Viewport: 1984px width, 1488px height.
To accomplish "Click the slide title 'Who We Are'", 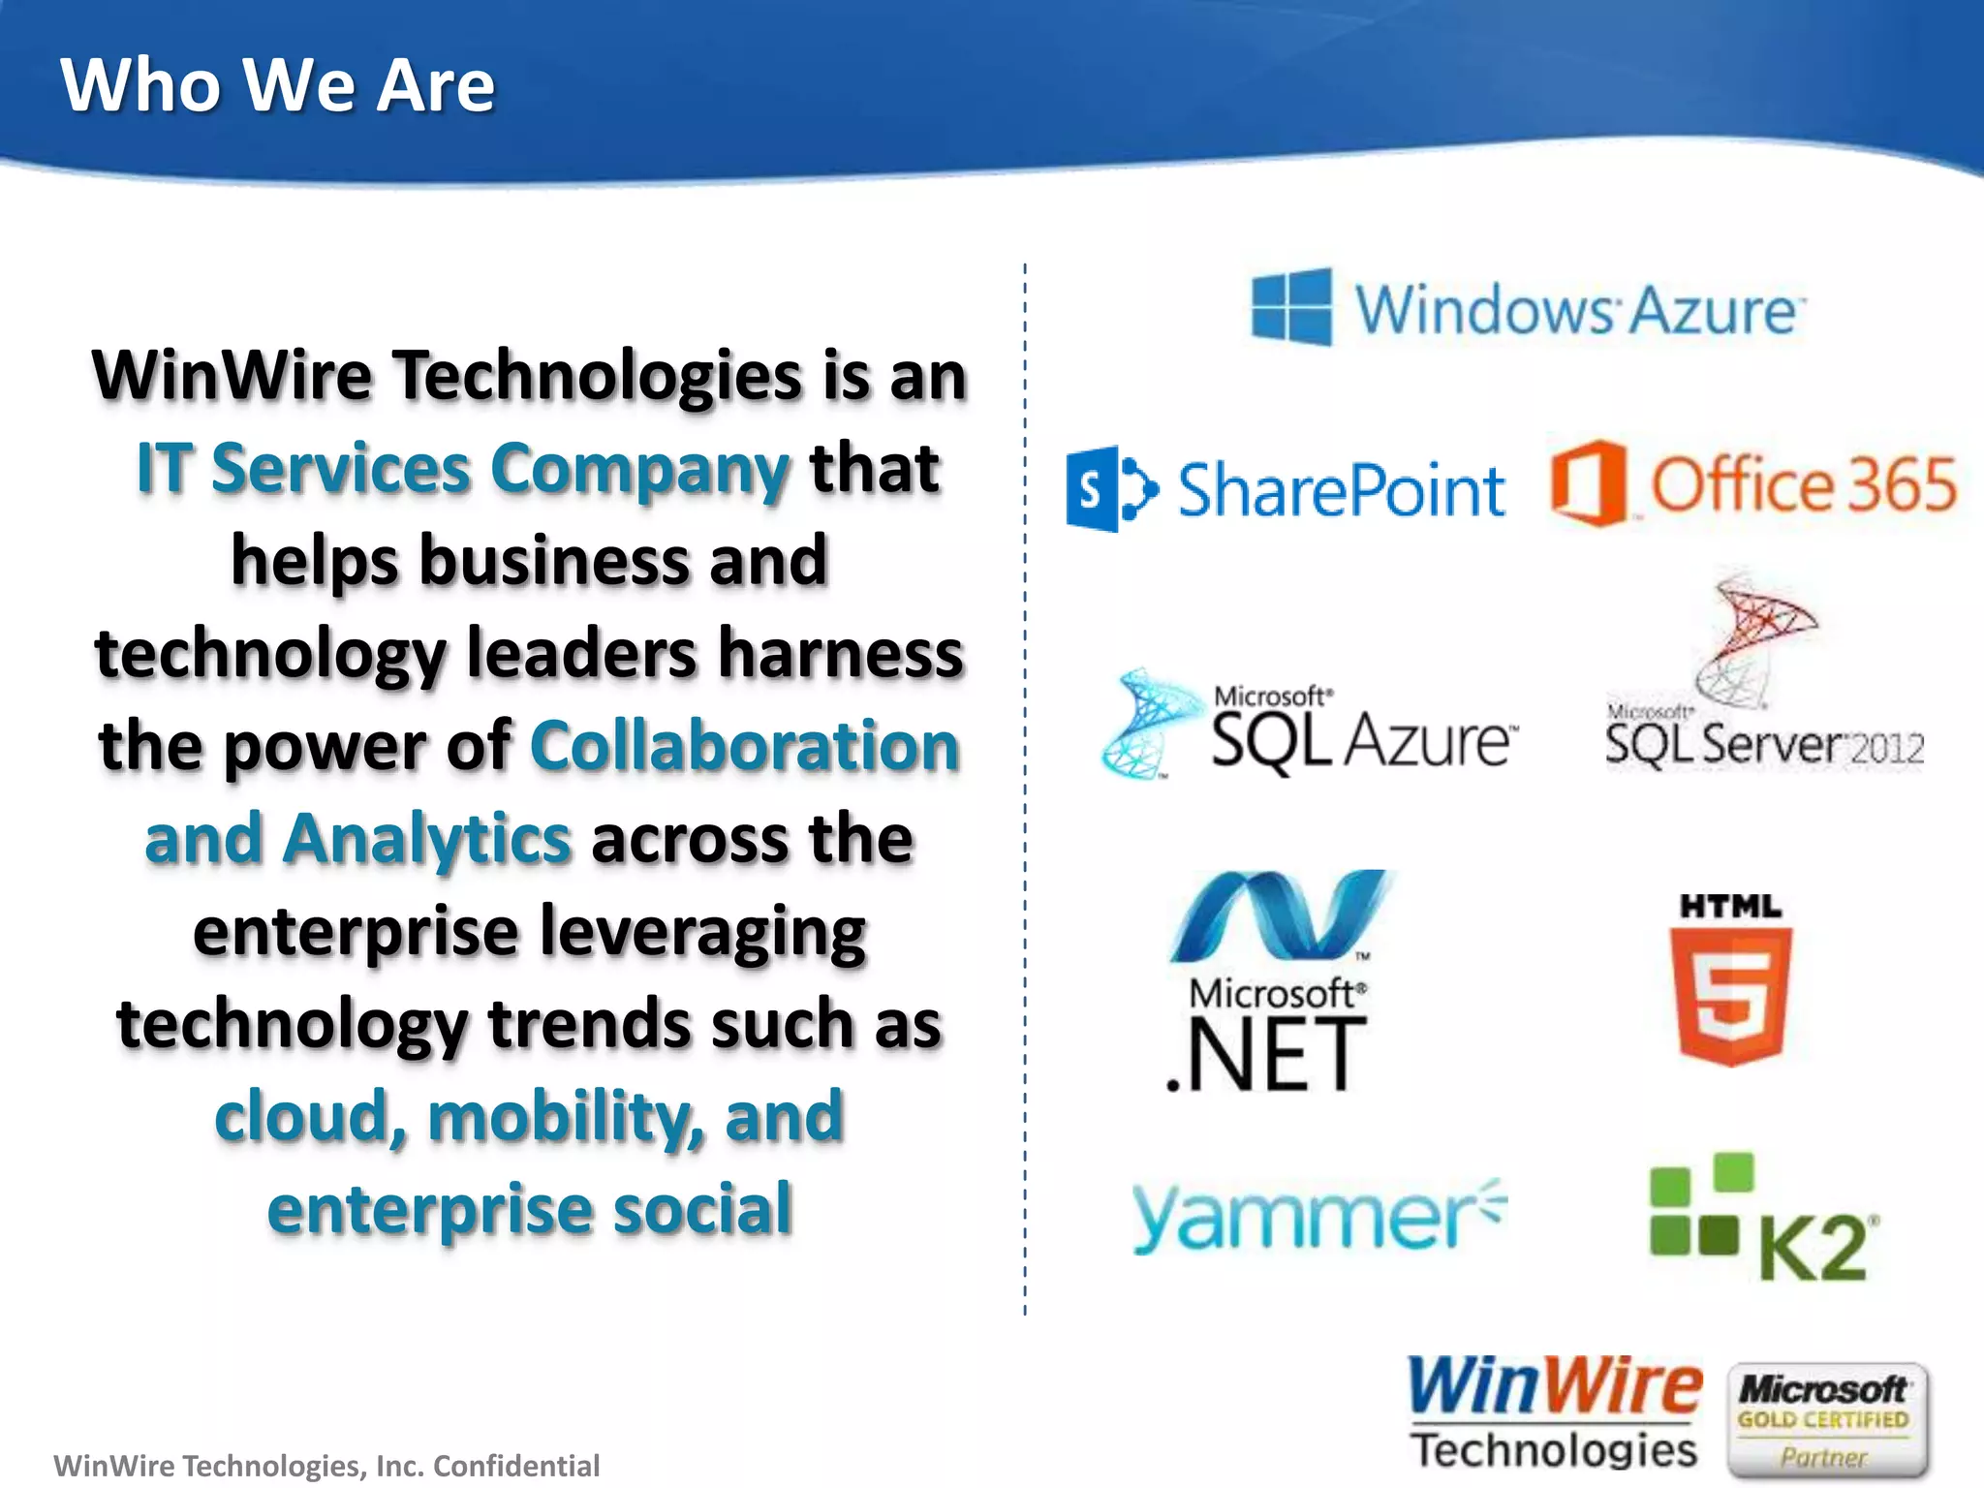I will (x=277, y=85).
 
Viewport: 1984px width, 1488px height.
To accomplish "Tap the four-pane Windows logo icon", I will (x=1291, y=307).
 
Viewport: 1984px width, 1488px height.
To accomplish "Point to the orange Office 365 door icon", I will (x=1588, y=483).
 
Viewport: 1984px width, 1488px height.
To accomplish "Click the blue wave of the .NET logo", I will (x=1279, y=914).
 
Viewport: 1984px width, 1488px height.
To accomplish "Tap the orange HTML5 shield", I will (x=1730, y=996).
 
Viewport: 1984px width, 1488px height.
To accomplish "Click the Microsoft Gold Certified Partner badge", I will (x=1826, y=1419).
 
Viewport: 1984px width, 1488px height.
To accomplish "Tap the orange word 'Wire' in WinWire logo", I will (x=1628, y=1386).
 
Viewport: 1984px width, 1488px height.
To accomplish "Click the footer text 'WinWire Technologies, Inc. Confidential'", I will (x=326, y=1466).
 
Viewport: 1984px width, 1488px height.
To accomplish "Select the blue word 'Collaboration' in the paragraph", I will (x=745, y=747).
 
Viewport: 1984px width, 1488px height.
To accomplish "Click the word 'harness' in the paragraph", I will (x=841, y=654).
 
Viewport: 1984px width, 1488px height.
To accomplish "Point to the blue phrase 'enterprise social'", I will (x=530, y=1210).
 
